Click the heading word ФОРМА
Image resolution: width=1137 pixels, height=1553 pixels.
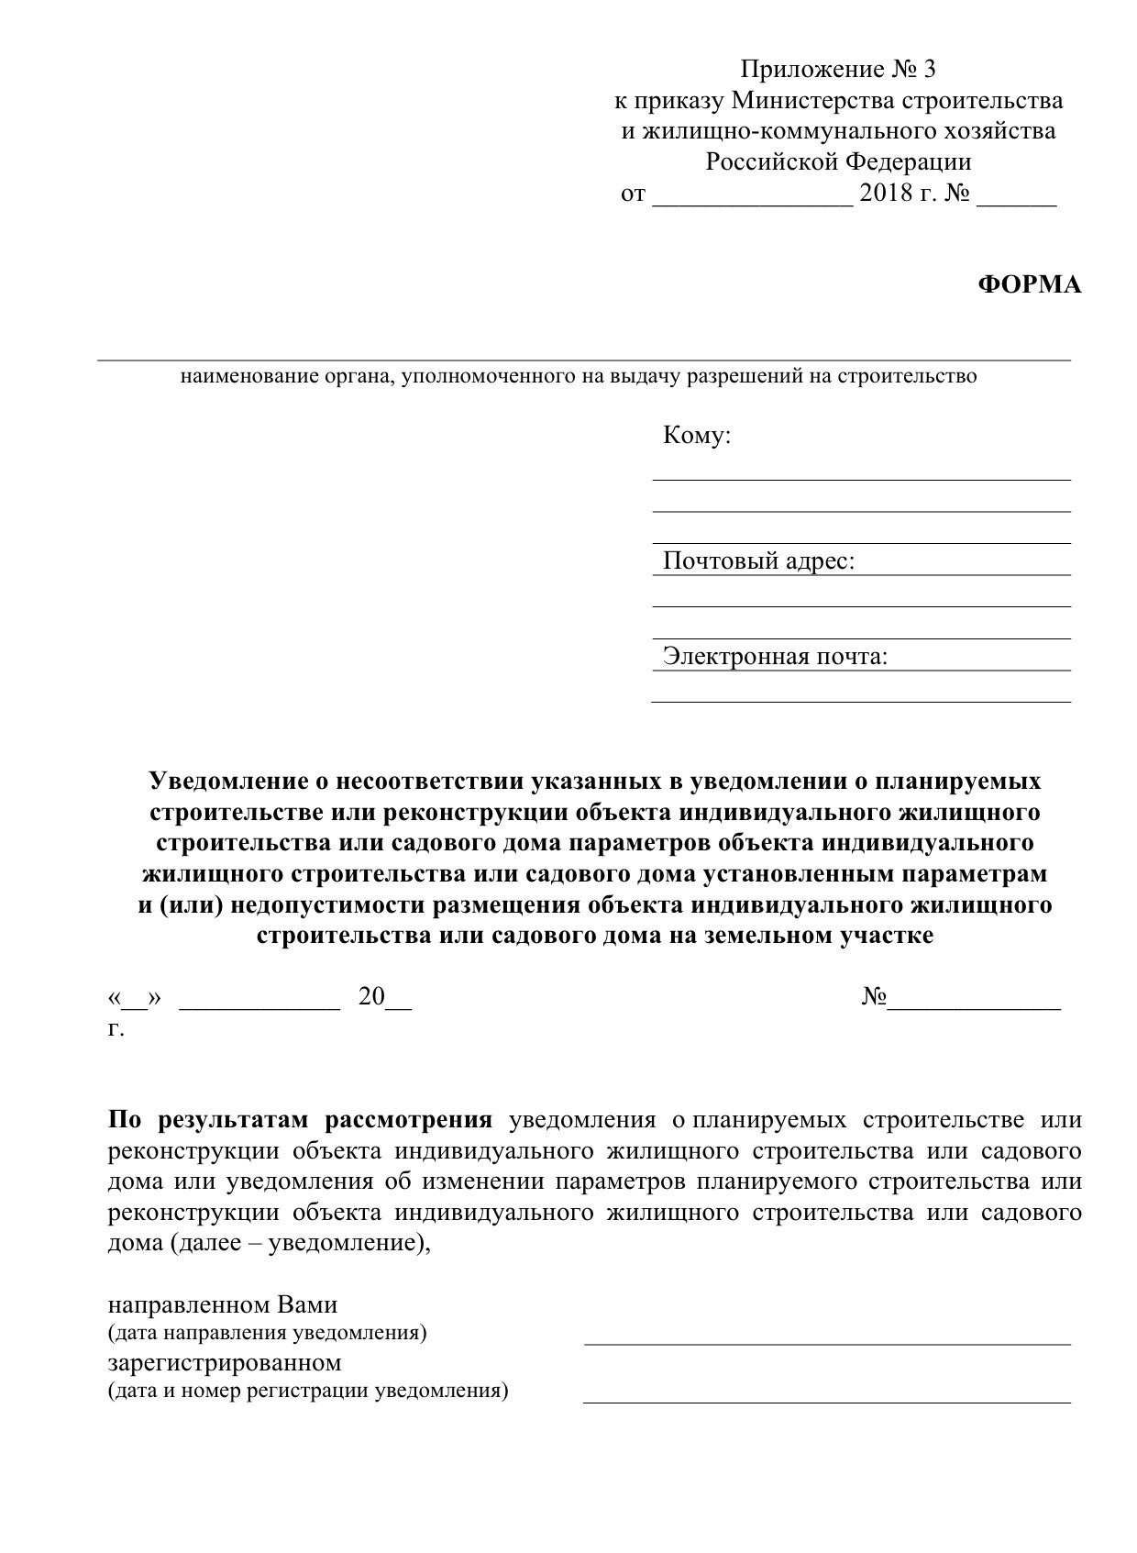pos(1030,285)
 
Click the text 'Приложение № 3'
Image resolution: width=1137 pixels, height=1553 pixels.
pos(838,70)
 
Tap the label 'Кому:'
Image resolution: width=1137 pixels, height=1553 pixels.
pos(697,436)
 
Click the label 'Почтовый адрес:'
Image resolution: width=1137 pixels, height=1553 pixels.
pos(758,560)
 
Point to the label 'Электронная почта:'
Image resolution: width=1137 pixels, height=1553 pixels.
pos(775,657)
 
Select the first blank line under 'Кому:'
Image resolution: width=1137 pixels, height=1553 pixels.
pos(861,478)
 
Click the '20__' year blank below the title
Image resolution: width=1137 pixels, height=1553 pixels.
pos(385,998)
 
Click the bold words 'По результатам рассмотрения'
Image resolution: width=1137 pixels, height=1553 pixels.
pos(301,1120)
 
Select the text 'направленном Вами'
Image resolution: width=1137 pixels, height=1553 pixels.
pos(223,1304)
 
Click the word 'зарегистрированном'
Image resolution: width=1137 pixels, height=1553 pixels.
pos(225,1362)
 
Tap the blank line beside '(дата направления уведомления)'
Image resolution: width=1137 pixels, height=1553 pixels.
pos(827,1343)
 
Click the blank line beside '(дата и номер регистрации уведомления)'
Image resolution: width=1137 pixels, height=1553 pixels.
pos(827,1401)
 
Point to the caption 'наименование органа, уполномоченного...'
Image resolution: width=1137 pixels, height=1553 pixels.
pos(578,376)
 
